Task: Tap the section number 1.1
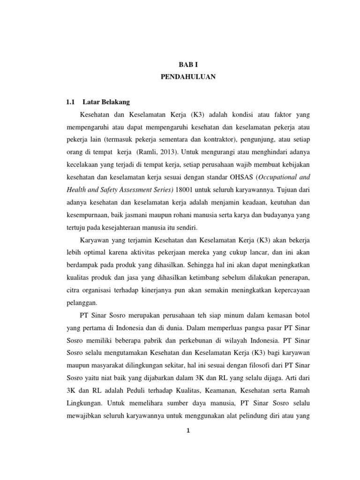[x=71, y=102]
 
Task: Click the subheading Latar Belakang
[x=106, y=102]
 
